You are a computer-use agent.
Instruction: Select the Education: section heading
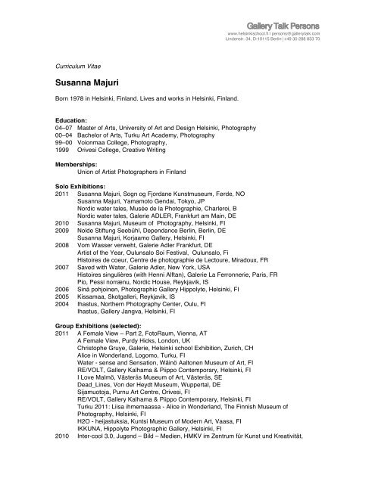click(x=75, y=120)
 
